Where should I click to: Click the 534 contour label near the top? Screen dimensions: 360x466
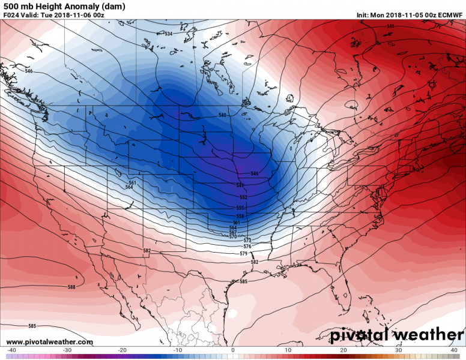[x=168, y=34]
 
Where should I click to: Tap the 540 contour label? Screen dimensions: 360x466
[x=222, y=115]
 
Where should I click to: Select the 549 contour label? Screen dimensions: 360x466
[x=240, y=185]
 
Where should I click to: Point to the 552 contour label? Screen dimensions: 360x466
[x=243, y=197]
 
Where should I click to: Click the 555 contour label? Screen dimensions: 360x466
[x=240, y=208]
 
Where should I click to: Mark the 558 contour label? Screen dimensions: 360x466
[x=240, y=216]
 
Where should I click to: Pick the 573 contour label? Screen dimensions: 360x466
[x=247, y=240]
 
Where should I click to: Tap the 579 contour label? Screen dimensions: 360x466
[x=243, y=254]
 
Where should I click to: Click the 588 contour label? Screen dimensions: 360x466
[x=71, y=287]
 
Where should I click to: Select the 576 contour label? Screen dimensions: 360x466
[x=247, y=247]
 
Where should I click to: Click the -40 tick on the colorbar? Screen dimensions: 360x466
[x=11, y=350]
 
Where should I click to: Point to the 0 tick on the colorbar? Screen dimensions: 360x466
[x=232, y=350]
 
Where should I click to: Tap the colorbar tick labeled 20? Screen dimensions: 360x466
[x=343, y=350]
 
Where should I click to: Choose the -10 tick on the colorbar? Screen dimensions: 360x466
[x=177, y=350]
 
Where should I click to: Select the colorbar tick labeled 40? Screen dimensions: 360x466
[x=454, y=350]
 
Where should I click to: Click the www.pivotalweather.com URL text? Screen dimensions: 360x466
[x=50, y=342]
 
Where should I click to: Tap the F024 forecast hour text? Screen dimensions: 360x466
[x=11, y=14]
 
